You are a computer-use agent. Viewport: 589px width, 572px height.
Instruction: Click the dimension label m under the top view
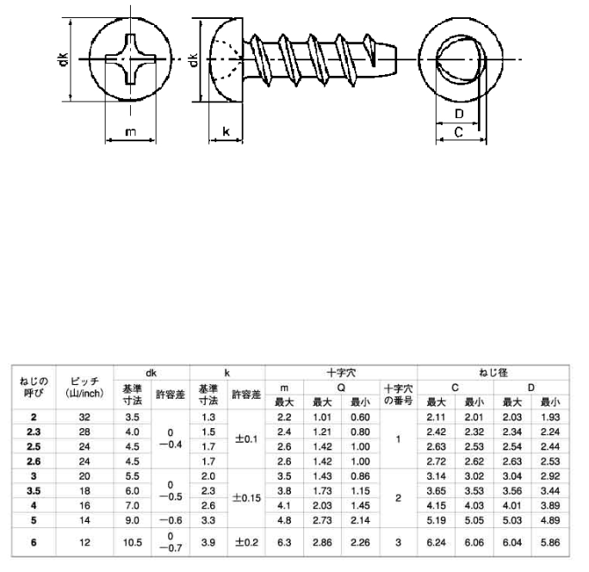coord(130,133)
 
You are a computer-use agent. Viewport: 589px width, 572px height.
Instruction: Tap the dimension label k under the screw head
coord(226,131)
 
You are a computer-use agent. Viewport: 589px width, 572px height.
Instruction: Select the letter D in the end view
coord(459,114)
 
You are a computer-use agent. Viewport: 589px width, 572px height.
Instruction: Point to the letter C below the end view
coord(459,133)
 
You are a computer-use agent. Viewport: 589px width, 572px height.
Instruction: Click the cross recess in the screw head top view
coord(130,59)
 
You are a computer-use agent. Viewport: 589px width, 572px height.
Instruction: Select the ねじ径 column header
coord(493,373)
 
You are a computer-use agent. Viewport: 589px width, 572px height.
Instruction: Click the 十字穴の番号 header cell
coord(398,395)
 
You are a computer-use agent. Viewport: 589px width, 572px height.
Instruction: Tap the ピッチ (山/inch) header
coord(84,388)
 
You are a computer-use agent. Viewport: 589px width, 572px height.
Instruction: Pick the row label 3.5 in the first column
coord(34,491)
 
